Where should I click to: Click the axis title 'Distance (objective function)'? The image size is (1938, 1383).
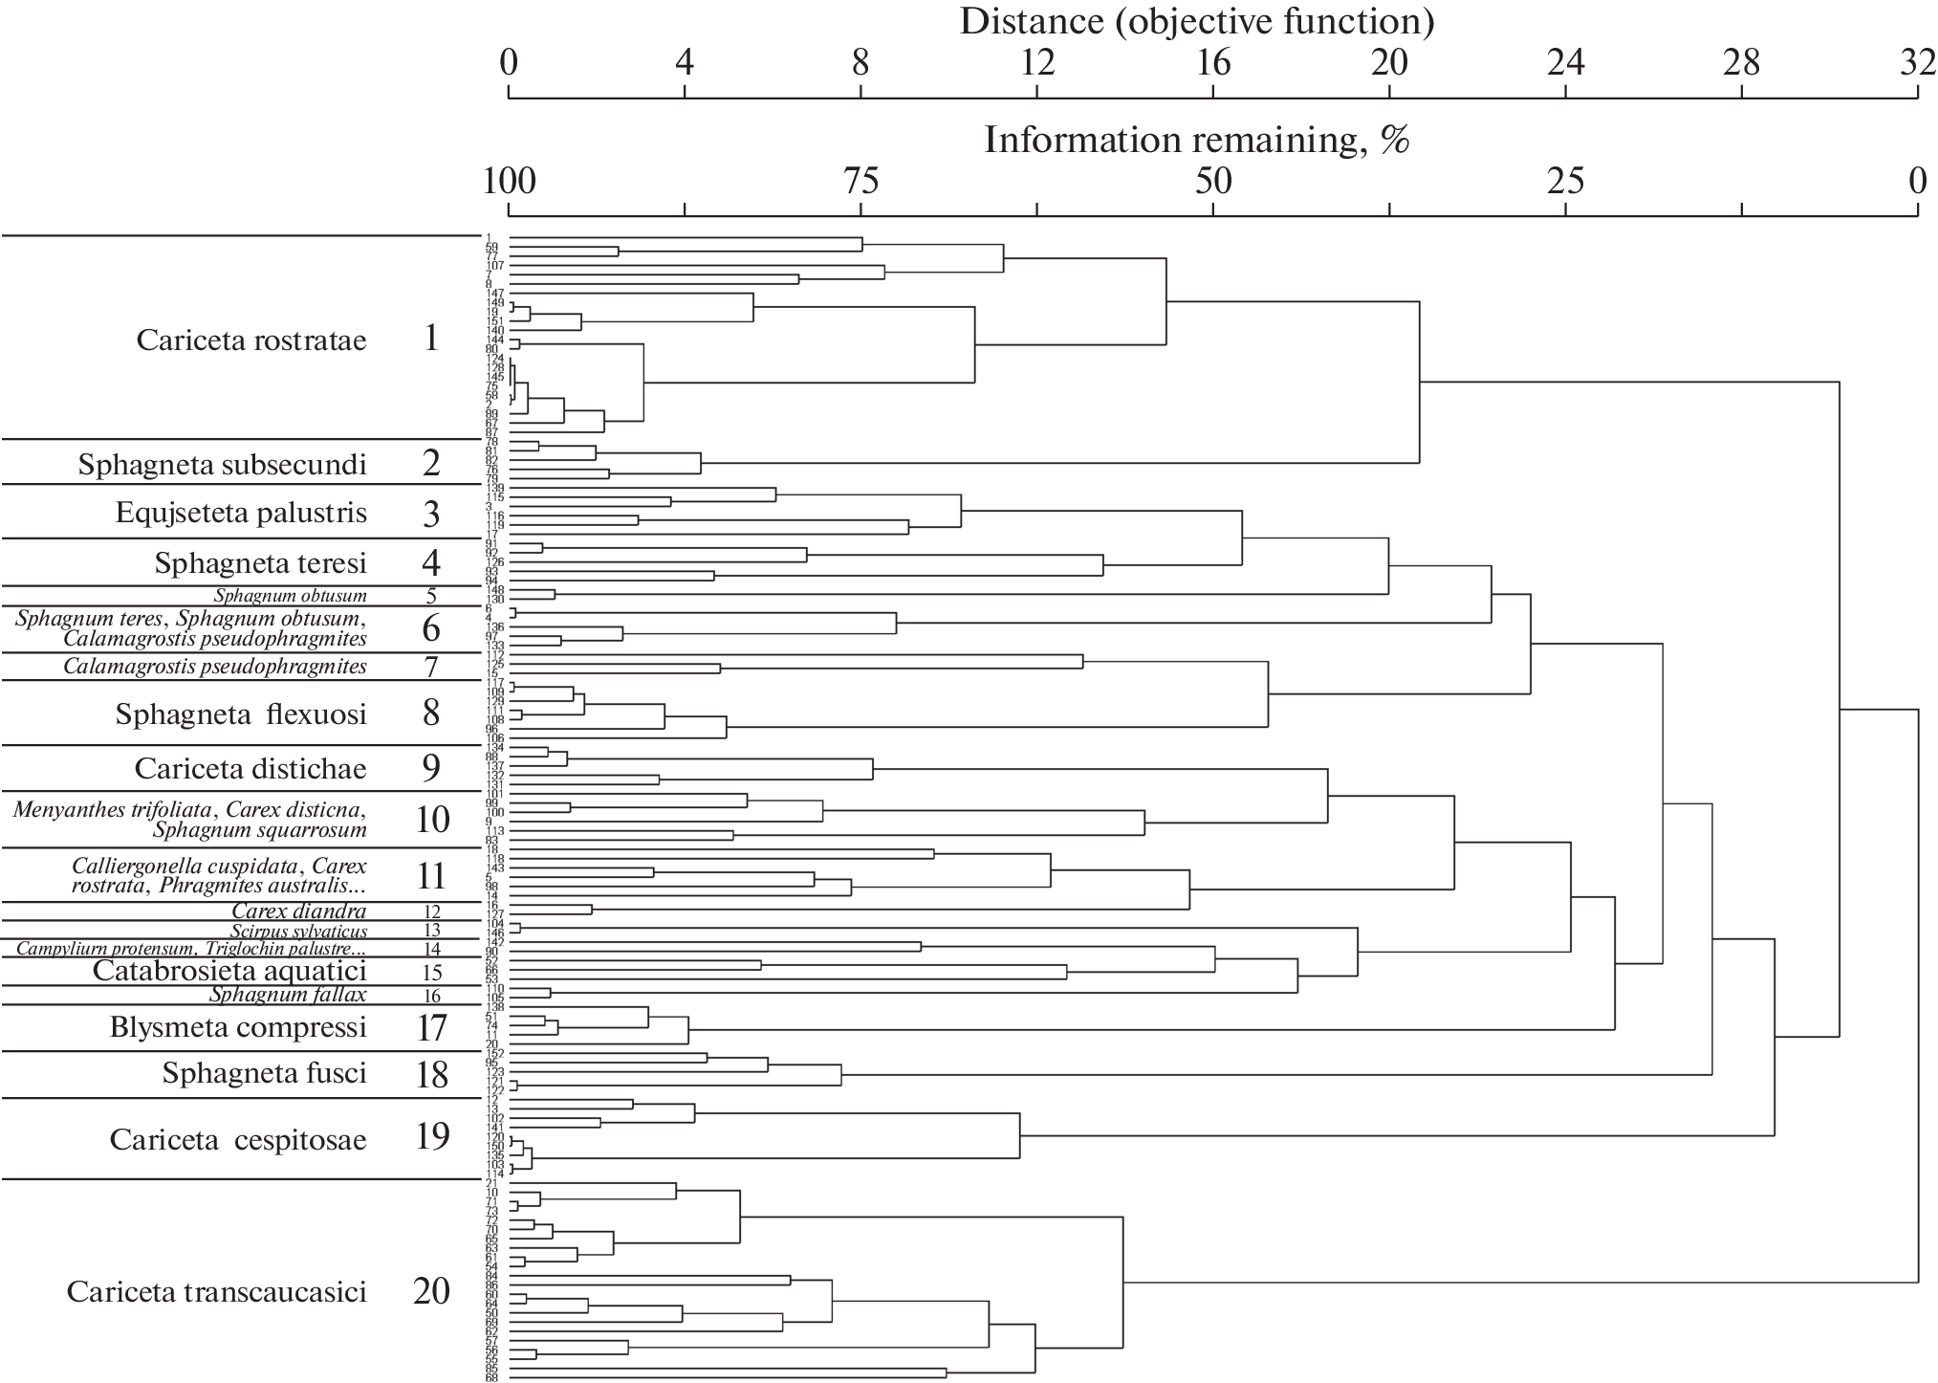pyautogui.click(x=1197, y=21)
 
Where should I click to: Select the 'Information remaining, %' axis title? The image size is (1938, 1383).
pyautogui.click(x=1197, y=140)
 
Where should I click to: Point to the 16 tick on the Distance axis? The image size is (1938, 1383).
pyautogui.click(x=1213, y=63)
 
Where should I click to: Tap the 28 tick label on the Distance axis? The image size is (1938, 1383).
pyautogui.click(x=1741, y=63)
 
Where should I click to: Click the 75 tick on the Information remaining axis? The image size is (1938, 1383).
pyautogui.click(x=860, y=181)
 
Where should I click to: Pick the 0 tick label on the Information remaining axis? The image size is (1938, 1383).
pyautogui.click(x=1916, y=181)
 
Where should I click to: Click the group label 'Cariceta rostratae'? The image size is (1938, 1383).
pyautogui.click(x=251, y=340)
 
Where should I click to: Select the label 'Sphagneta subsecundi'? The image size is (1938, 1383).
pyautogui.click(x=223, y=465)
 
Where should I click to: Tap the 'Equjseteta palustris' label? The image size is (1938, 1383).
pyautogui.click(x=241, y=513)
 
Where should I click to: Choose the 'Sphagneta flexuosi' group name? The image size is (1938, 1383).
pyautogui.click(x=241, y=714)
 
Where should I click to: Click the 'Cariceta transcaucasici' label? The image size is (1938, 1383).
pyautogui.click(x=217, y=1292)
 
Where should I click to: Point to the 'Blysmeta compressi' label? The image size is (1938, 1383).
pyautogui.click(x=238, y=1027)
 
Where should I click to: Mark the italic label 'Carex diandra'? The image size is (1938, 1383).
pyautogui.click(x=299, y=911)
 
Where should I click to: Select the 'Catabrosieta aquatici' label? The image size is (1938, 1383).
pyautogui.click(x=229, y=971)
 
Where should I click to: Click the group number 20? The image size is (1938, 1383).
pyautogui.click(x=431, y=1291)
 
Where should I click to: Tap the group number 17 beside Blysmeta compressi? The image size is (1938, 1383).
pyautogui.click(x=432, y=1027)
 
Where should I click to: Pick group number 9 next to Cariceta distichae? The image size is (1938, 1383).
pyautogui.click(x=431, y=768)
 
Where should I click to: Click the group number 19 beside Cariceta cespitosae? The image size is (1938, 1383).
pyautogui.click(x=432, y=1136)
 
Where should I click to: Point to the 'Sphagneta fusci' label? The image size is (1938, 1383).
pyautogui.click(x=265, y=1073)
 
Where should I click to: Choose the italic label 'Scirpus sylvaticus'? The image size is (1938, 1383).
pyautogui.click(x=298, y=931)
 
